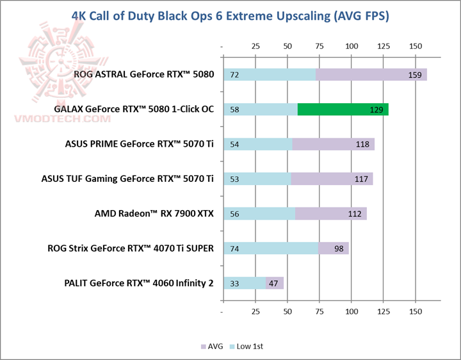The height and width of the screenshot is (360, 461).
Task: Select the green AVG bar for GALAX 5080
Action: tap(343, 110)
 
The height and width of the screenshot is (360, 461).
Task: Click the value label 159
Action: tap(414, 75)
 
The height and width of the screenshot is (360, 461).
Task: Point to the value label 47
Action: tap(274, 282)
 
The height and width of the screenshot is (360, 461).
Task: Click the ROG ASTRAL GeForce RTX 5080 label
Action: tap(143, 74)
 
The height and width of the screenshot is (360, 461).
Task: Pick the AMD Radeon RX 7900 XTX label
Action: tap(154, 213)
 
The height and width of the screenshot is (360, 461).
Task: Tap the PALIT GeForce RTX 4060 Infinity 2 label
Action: tap(139, 282)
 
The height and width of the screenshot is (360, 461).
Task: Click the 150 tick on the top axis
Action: tap(416, 46)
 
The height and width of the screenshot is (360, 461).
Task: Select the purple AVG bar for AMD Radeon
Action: tap(330, 213)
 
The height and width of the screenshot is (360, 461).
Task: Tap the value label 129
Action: tap(377, 110)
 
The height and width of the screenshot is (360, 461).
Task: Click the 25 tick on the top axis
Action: tap(255, 46)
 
